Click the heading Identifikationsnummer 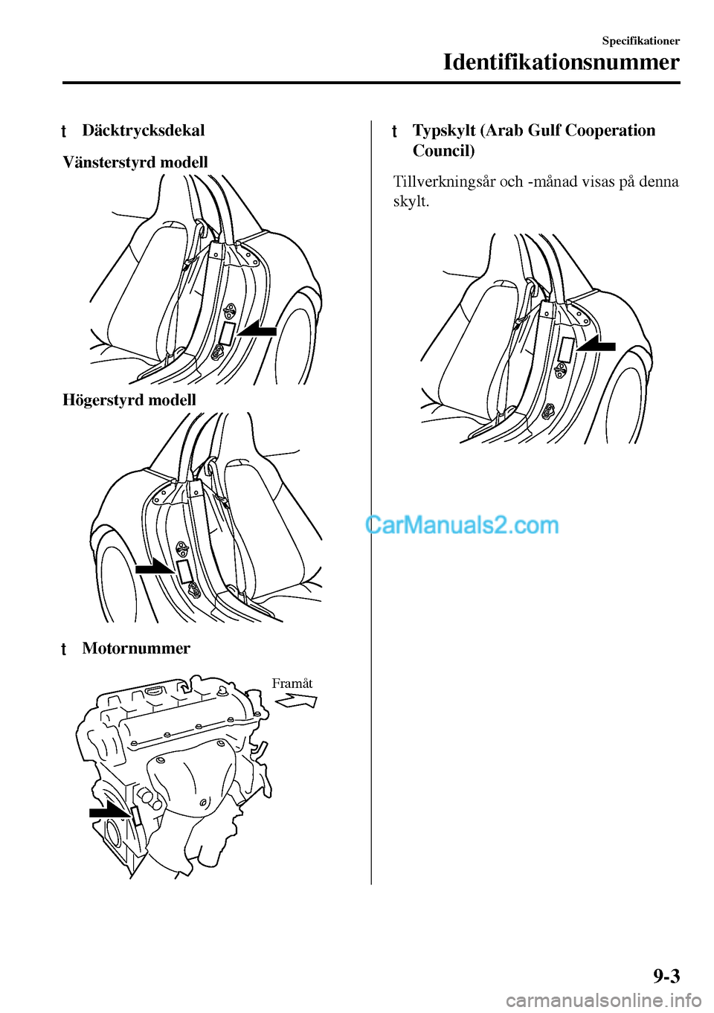click(x=561, y=62)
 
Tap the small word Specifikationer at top click(x=640, y=41)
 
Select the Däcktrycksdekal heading click(x=143, y=130)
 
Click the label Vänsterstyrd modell click(x=135, y=162)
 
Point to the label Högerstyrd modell click(x=129, y=400)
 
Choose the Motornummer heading click(x=136, y=649)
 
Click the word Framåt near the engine click(x=292, y=684)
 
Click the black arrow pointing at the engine click(x=109, y=811)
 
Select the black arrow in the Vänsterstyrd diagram click(x=257, y=329)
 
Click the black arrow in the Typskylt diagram click(x=596, y=345)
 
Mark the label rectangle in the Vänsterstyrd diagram click(x=227, y=333)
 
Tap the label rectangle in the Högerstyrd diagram click(x=184, y=571)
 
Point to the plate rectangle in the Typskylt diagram click(x=566, y=350)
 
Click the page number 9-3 click(x=666, y=976)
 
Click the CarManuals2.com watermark click(x=462, y=525)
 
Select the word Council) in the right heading click(x=443, y=151)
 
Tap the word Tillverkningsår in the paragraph click(x=437, y=181)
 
